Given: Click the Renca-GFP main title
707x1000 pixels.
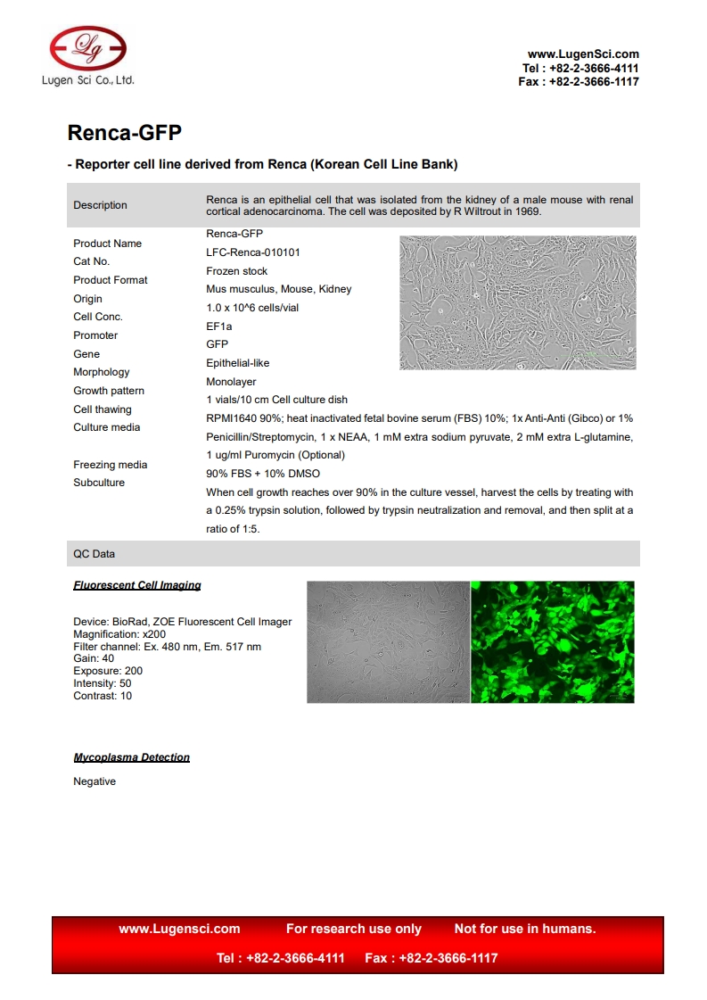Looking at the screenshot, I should click(125, 133).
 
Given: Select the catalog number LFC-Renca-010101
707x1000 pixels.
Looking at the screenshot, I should click(253, 252).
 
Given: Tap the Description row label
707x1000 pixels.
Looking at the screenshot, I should click(100, 205).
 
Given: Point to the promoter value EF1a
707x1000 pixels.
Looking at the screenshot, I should click(219, 326).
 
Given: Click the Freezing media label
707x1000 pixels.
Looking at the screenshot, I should click(110, 465).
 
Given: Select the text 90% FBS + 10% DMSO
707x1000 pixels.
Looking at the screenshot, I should click(263, 474).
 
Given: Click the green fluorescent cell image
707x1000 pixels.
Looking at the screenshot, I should click(552, 642).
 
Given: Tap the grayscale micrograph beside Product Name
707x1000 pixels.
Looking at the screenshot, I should click(518, 302).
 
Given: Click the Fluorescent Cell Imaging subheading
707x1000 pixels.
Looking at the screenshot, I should click(137, 585).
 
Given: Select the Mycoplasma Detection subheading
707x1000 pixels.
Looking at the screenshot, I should click(131, 757).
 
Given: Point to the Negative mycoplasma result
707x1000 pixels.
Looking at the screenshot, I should click(95, 781).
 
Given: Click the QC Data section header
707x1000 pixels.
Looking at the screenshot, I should click(94, 554).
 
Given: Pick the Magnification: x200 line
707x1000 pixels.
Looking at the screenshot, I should click(119, 634).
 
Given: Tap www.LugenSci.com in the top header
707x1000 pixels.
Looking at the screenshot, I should click(583, 54).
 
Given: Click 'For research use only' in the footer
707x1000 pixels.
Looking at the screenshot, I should click(354, 929).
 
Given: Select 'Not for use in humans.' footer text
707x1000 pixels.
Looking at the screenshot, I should click(525, 929).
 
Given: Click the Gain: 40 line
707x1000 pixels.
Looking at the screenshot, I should click(94, 658).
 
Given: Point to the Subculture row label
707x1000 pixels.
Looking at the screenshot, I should click(99, 483).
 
